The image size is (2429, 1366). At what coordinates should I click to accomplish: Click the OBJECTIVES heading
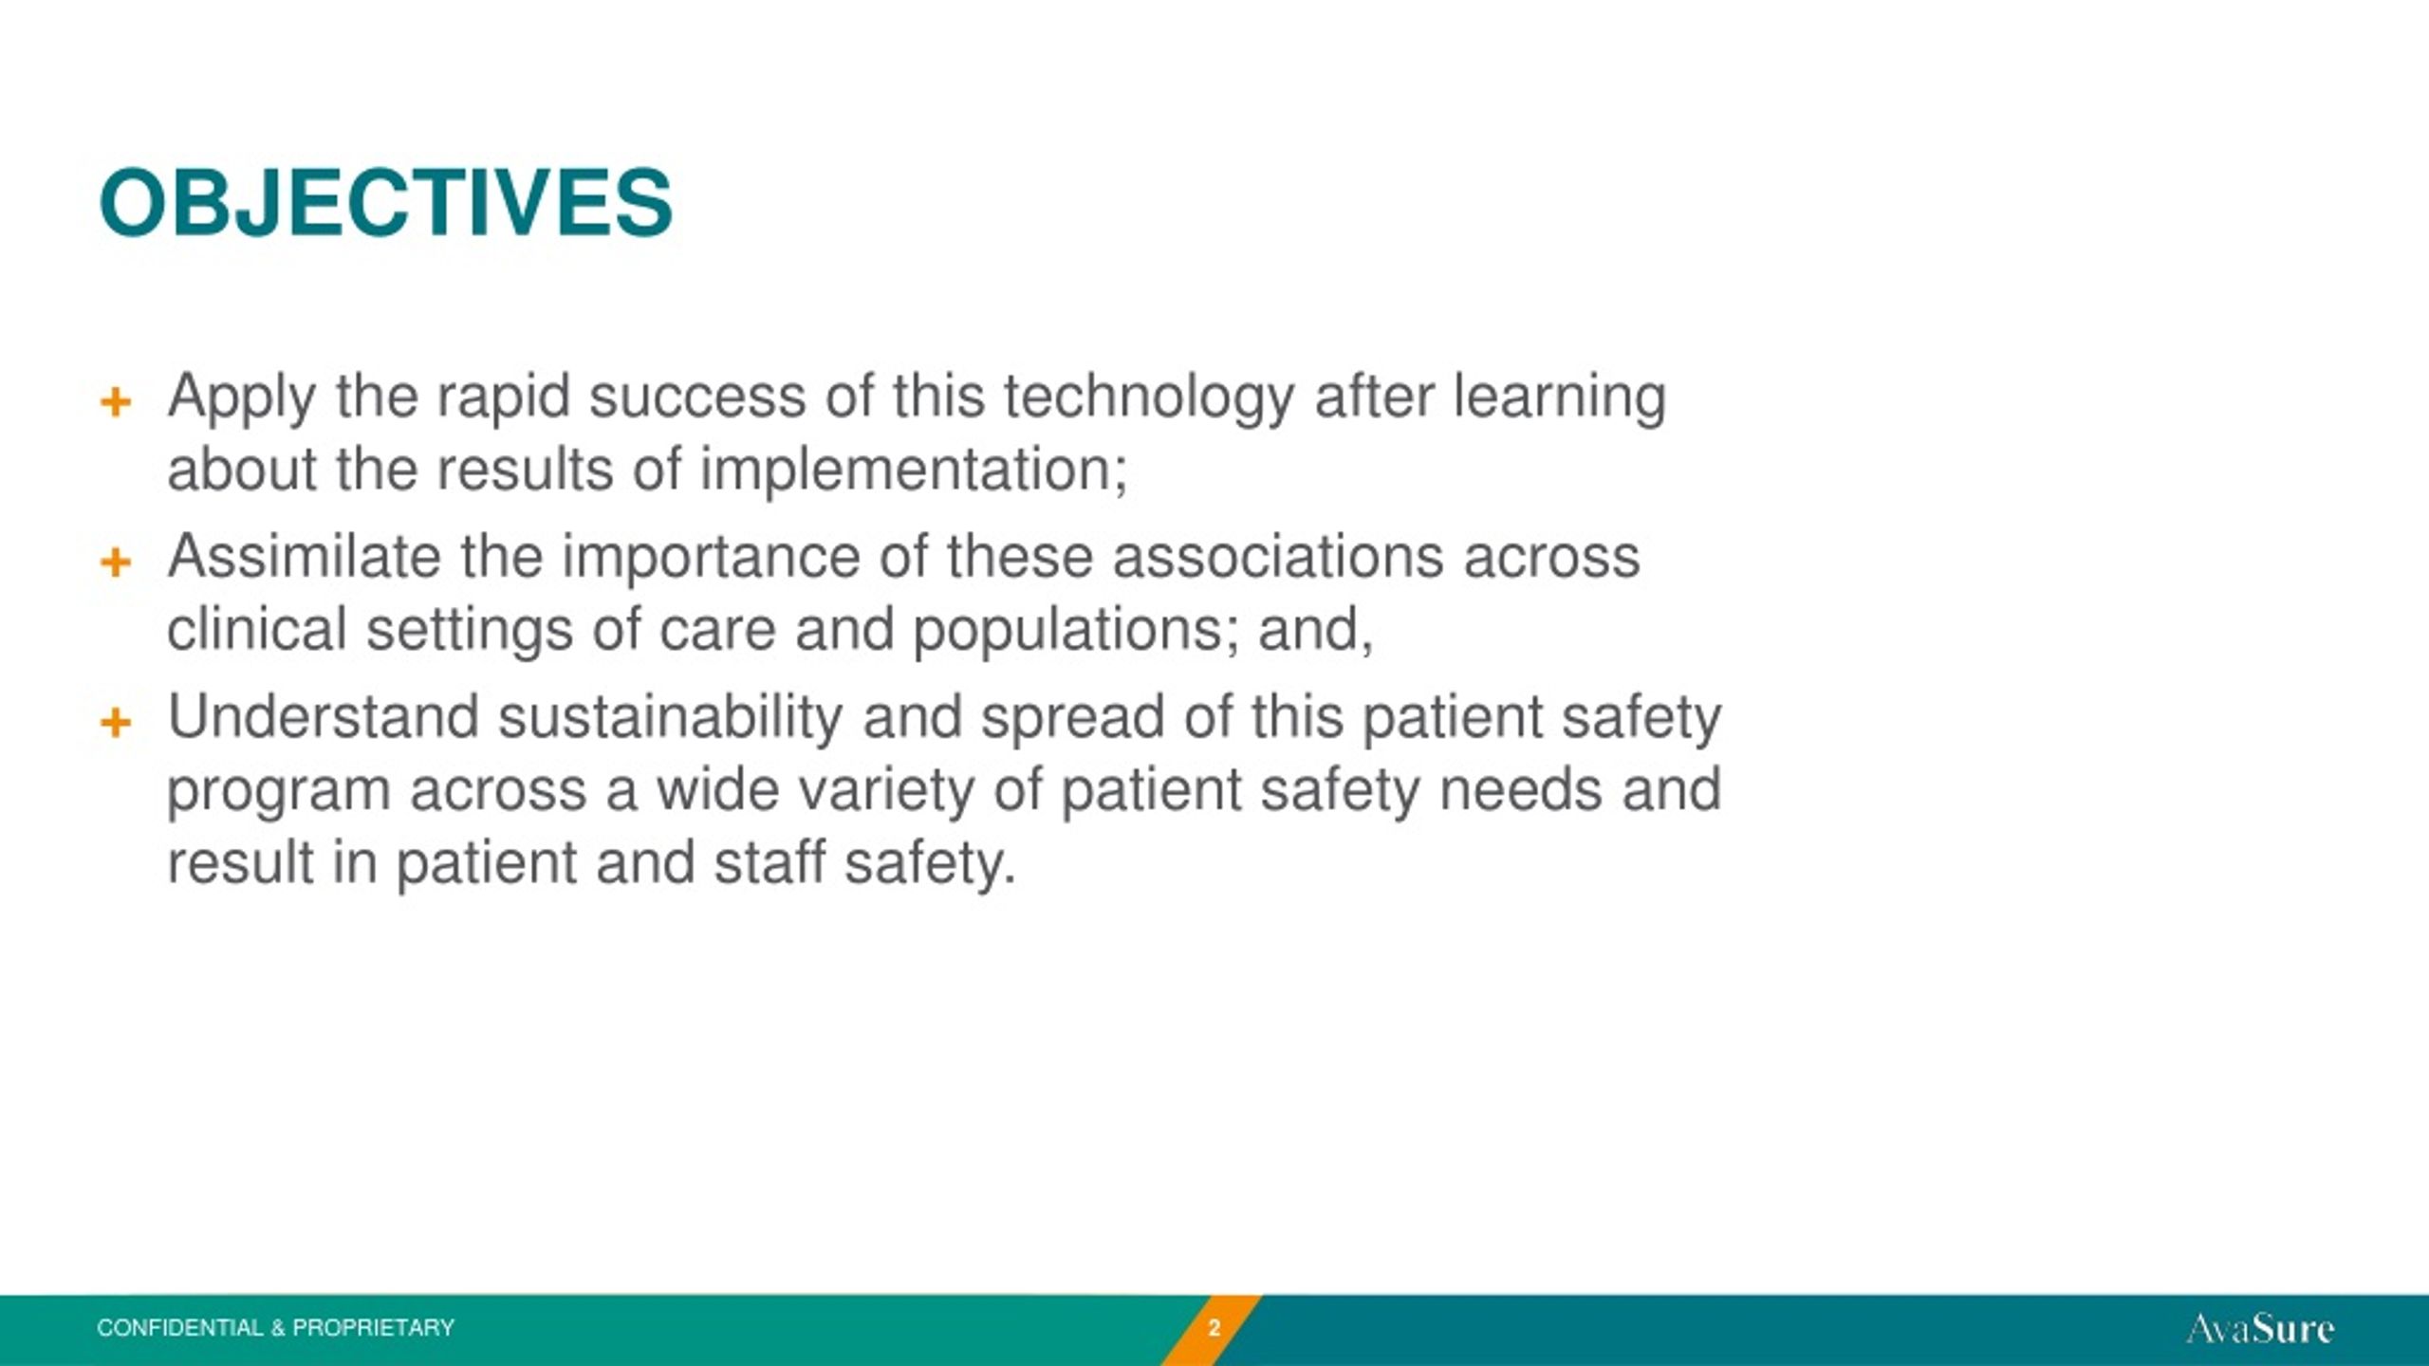385,203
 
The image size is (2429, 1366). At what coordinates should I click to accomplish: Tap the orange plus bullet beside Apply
116,402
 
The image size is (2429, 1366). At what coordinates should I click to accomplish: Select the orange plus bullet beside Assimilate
116,562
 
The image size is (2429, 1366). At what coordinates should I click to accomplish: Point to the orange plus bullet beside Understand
116,723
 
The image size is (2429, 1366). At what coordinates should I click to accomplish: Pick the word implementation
914,471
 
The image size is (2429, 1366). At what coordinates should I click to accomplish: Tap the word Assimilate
304,557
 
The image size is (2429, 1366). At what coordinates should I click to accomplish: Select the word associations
1277,557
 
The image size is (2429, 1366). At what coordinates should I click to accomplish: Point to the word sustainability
670,718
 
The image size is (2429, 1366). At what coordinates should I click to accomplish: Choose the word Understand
323,718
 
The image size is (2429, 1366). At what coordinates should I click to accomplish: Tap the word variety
886,791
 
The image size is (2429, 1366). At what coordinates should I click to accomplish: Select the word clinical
256,630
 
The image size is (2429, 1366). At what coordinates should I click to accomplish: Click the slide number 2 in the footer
1214,1328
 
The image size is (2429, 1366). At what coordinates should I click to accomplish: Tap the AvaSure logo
2260,1328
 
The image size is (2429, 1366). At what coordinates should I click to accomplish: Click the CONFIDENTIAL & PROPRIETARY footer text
275,1328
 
